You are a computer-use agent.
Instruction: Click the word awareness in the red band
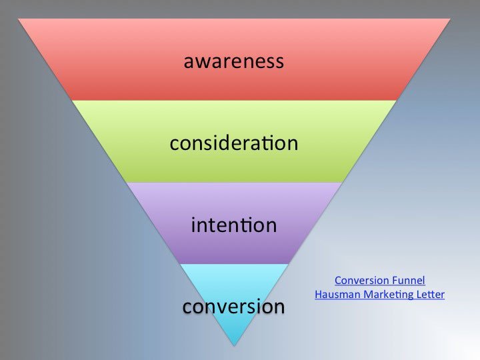click(x=233, y=62)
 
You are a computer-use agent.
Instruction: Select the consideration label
click(x=233, y=143)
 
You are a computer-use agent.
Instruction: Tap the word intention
click(x=233, y=225)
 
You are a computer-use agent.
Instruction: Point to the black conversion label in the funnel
click(x=233, y=307)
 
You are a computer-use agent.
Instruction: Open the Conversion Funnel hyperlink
click(x=379, y=281)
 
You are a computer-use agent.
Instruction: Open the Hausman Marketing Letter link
click(x=379, y=294)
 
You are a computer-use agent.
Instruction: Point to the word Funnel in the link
click(x=408, y=281)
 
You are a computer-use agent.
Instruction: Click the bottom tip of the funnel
click(x=234, y=344)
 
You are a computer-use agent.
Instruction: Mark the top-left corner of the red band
click(x=19, y=19)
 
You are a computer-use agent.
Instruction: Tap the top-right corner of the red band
click(x=450, y=19)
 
